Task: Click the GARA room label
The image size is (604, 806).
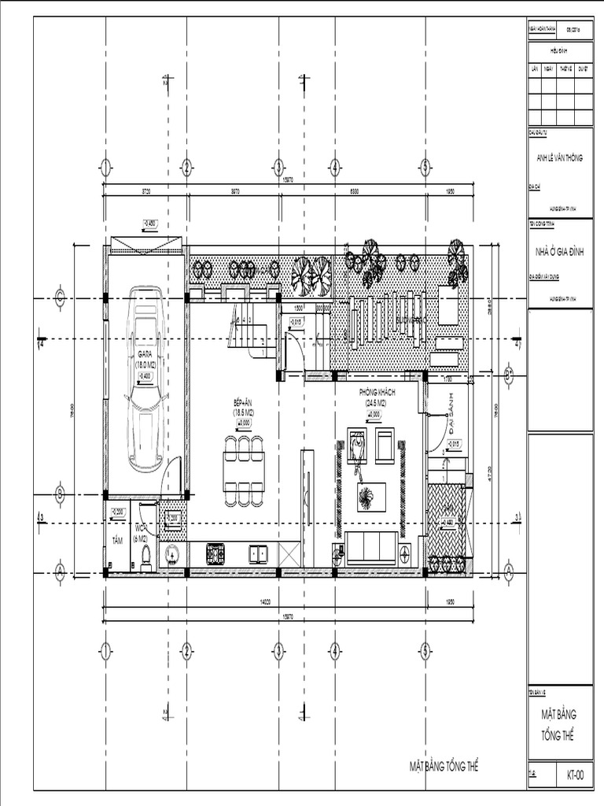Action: click(145, 355)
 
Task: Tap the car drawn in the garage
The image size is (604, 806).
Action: click(145, 380)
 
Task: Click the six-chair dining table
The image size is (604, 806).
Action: click(244, 470)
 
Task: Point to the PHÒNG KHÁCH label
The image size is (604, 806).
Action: click(377, 392)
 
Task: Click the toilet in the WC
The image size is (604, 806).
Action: click(145, 557)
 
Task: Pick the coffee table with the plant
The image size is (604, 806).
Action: click(367, 497)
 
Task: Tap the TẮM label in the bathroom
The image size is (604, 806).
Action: click(118, 540)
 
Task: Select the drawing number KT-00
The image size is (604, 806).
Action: click(575, 775)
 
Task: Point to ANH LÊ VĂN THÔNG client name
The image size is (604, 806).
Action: click(560, 157)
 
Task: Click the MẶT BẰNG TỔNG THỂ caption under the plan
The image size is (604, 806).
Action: click(444, 765)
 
